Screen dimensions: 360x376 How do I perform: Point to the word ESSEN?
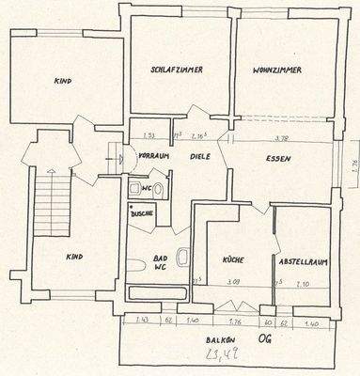point(277,158)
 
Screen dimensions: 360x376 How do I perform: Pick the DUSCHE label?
point(142,213)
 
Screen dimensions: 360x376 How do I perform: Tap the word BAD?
point(159,256)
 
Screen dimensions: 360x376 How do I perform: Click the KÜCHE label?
point(232,258)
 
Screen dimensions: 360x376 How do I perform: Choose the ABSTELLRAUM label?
point(302,260)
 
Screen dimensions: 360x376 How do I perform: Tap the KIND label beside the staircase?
point(75,257)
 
